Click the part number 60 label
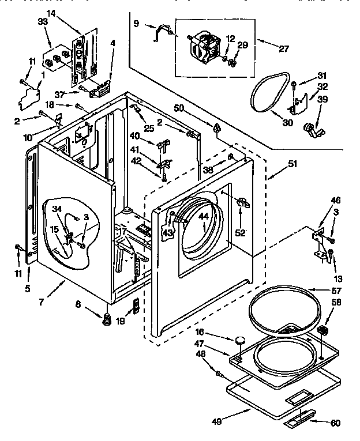tap(335, 423)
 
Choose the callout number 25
tap(149, 129)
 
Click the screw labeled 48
tap(220, 375)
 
